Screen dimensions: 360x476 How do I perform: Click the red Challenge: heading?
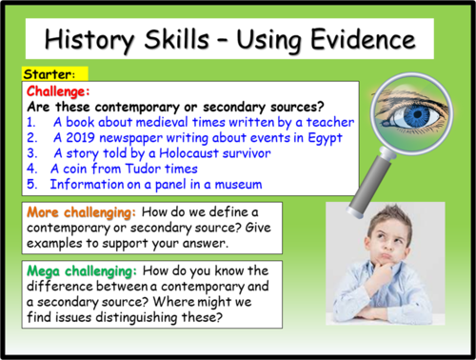coord(61,90)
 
